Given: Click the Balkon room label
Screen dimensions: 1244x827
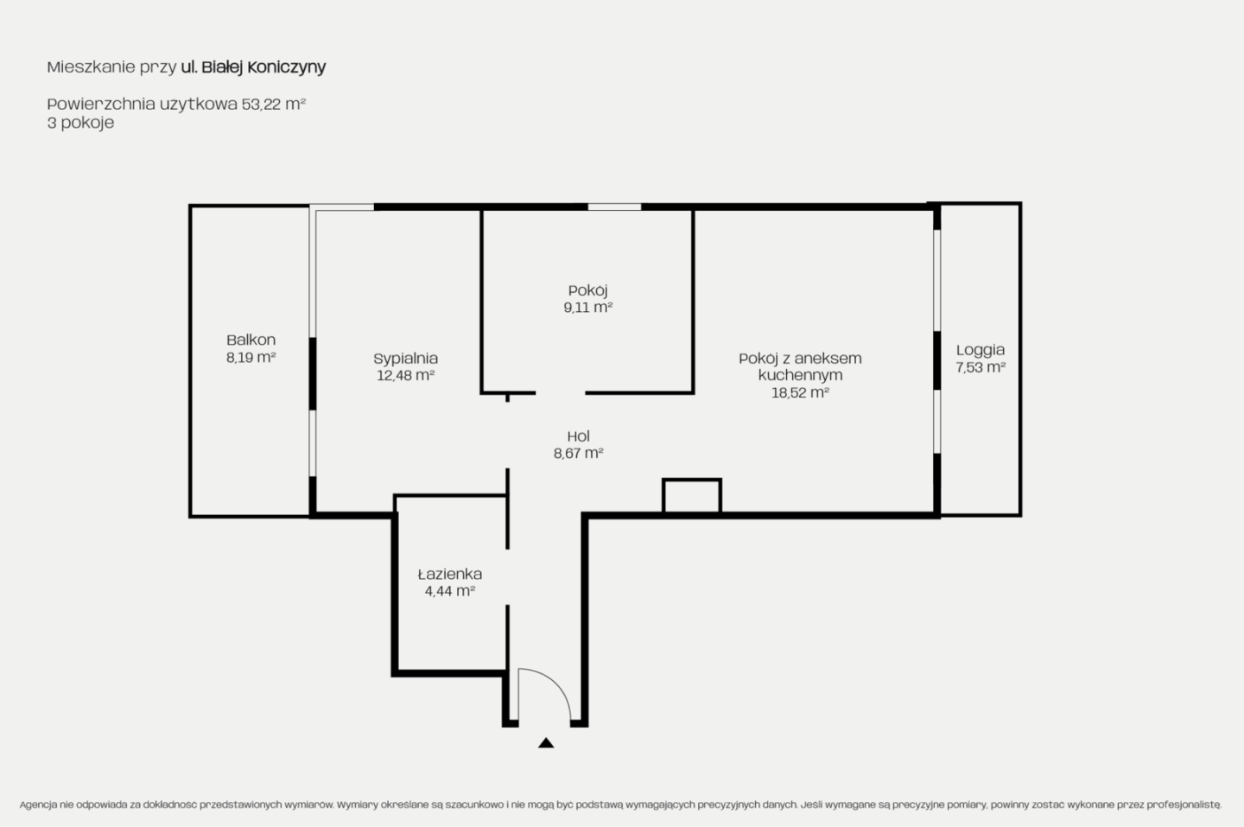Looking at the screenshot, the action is [x=251, y=340].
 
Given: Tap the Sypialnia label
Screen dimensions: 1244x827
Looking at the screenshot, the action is [x=405, y=359].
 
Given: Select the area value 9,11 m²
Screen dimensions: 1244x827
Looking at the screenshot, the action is [x=587, y=307].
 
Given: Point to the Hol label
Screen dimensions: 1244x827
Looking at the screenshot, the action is [x=578, y=436].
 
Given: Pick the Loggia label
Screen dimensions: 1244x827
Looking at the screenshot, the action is [x=981, y=350].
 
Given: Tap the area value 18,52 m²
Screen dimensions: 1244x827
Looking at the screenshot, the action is [x=800, y=392].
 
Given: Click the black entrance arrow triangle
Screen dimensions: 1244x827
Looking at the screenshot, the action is [x=546, y=742].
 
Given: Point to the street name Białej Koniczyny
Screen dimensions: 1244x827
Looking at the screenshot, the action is [x=263, y=67].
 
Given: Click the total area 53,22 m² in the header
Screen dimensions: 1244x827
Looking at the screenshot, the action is [x=273, y=104].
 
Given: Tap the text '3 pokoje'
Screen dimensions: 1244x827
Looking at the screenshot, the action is [x=80, y=123].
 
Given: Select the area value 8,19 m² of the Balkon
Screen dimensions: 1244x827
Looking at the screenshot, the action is [x=251, y=357].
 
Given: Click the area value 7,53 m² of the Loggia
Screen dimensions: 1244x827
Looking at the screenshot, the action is [x=981, y=367].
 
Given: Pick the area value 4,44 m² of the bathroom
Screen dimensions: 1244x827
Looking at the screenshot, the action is [x=450, y=591].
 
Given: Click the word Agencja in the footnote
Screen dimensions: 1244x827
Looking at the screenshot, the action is [x=38, y=805].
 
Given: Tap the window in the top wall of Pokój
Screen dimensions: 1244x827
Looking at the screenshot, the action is [x=614, y=207].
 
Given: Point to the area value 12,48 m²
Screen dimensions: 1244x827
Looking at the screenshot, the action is [x=405, y=375].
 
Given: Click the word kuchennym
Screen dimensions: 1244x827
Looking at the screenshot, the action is [x=800, y=375].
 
